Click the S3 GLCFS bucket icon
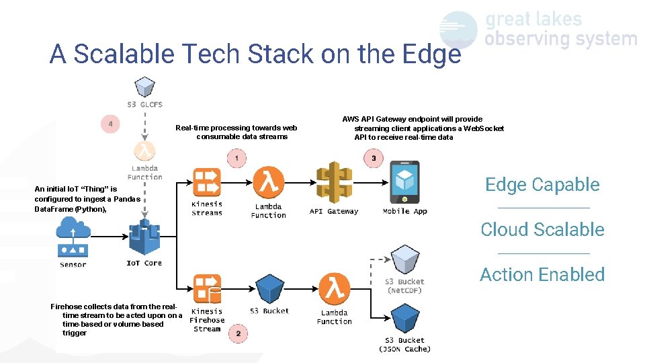[x=144, y=87]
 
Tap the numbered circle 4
[x=110, y=124]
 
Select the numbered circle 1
[x=236, y=159]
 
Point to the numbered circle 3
[x=374, y=159]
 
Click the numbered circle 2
[x=238, y=333]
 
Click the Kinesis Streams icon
[x=206, y=182]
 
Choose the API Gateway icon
[x=333, y=184]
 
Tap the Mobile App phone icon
[x=404, y=182]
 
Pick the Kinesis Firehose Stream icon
[x=206, y=289]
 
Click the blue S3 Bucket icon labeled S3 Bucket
[x=269, y=289]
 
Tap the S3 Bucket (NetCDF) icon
[x=405, y=259]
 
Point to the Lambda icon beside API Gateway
[x=269, y=182]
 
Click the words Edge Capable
[x=542, y=185]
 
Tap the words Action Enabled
[x=542, y=274]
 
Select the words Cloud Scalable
[x=542, y=229]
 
